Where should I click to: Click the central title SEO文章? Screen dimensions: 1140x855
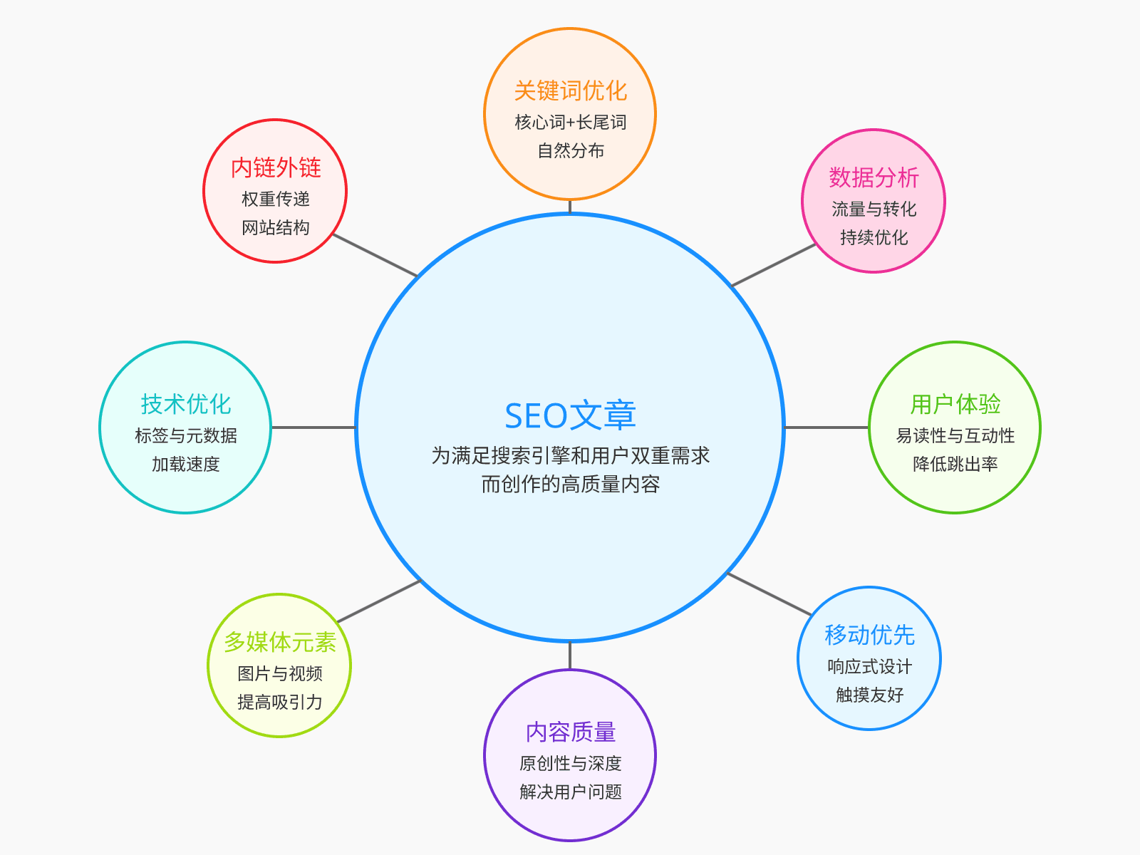tap(570, 416)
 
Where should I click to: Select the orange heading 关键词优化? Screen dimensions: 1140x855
tap(570, 90)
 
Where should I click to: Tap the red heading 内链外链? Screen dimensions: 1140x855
tap(276, 167)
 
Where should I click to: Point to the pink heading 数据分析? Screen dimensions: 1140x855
tap(874, 177)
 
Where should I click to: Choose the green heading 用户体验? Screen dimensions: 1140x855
tap(955, 404)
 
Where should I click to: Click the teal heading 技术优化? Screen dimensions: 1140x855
tap(185, 404)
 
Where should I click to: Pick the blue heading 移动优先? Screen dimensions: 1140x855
tap(869, 635)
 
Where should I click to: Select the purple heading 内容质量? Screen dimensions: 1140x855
tap(570, 732)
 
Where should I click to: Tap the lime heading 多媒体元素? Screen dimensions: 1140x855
tap(279, 642)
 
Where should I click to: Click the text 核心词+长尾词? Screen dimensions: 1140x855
tap(570, 123)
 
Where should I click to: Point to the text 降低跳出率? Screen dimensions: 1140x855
tap(955, 464)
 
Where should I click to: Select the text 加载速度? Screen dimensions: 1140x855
tap(185, 464)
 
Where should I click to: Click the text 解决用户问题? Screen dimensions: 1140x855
tap(570, 792)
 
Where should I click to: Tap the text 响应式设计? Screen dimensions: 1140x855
tap(869, 666)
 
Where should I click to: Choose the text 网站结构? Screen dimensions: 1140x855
tap(276, 227)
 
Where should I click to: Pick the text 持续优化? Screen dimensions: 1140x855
tap(874, 237)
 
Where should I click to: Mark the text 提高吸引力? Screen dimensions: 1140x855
tap(279, 702)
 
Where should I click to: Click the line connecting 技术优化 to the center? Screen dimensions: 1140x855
tap(313, 427)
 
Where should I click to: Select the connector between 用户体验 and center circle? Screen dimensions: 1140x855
tap(826, 427)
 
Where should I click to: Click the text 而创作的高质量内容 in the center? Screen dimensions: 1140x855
tap(570, 484)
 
